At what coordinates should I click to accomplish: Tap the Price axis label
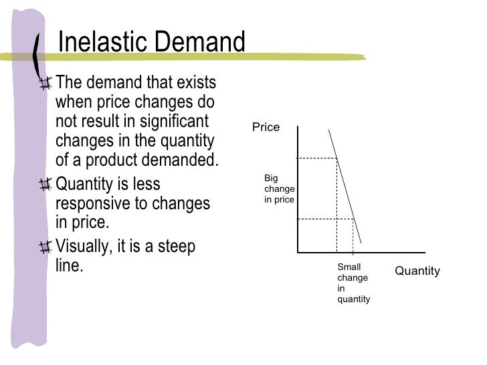coord(266,127)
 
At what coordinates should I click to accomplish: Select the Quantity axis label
coord(417,271)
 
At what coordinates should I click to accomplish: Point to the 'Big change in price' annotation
coord(279,189)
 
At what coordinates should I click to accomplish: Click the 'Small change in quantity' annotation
coord(353,283)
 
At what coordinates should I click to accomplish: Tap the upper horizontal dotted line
coord(316,158)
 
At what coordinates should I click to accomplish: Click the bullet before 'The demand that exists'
coord(45,84)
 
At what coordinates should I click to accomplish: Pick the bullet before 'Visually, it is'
coord(45,247)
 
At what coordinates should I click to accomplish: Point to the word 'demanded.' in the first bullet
coord(182,161)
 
